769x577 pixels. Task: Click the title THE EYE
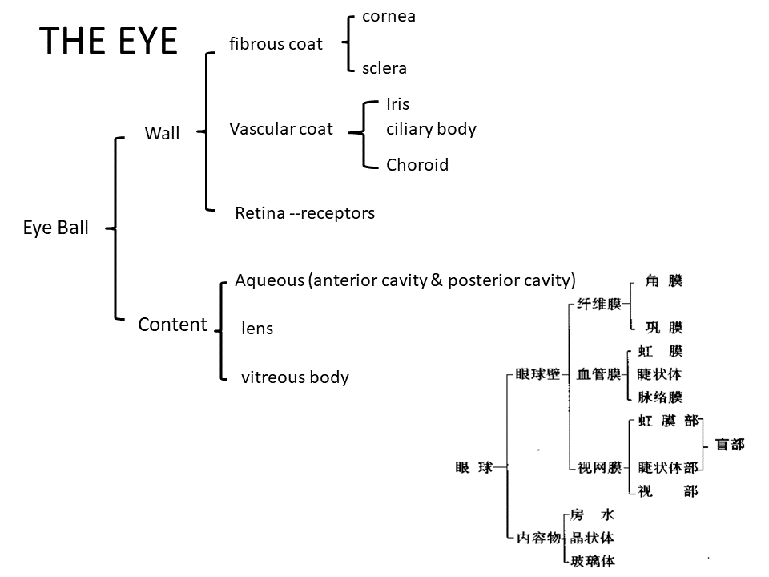click(x=108, y=41)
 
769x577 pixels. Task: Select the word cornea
click(x=389, y=16)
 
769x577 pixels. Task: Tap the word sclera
click(x=384, y=68)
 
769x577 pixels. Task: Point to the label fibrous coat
click(x=276, y=43)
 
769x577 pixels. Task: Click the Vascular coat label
click(x=280, y=129)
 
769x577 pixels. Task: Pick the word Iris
click(x=397, y=104)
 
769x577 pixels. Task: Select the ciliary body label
click(x=431, y=129)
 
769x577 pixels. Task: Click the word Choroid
click(x=417, y=165)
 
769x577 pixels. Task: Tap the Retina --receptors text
click(x=304, y=213)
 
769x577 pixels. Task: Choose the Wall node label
click(x=162, y=134)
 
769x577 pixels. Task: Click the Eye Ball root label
click(x=55, y=228)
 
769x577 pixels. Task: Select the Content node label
click(x=172, y=325)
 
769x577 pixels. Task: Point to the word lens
click(x=257, y=329)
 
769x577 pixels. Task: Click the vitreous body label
click(x=295, y=377)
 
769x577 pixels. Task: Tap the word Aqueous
click(x=268, y=280)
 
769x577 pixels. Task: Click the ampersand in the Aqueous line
click(x=437, y=280)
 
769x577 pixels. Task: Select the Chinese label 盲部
click(x=729, y=444)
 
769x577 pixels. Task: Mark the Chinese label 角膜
click(x=664, y=280)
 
